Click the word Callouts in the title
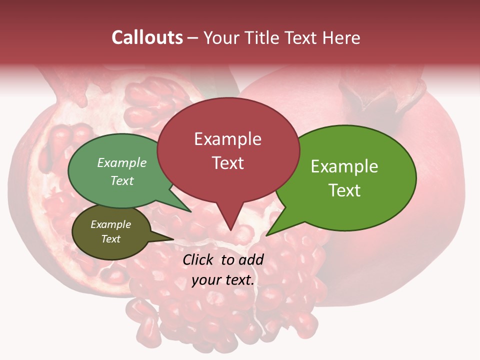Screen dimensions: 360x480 (147, 37)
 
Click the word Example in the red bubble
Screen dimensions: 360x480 (227, 139)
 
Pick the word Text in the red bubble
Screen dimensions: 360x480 (227, 162)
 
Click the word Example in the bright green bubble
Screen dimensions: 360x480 (344, 166)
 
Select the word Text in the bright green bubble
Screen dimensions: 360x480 (344, 190)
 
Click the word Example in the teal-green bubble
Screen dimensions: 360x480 (122, 162)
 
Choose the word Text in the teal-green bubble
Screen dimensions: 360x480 (122, 180)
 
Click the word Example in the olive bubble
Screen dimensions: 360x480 (110, 224)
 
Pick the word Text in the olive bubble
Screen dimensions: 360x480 (110, 239)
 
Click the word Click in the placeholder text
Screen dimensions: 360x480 (199, 259)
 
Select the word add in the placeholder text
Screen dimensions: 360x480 (251, 259)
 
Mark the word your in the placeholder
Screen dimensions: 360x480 (205, 280)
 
